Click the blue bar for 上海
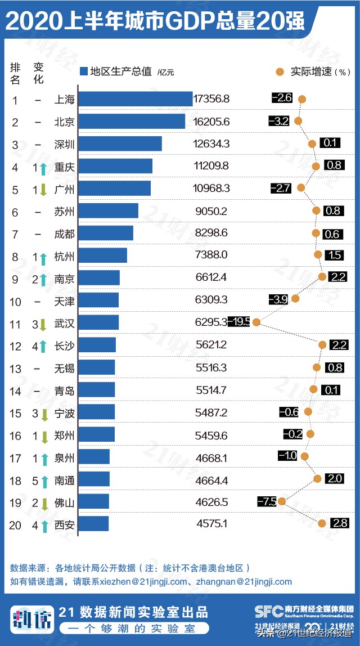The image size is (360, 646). [x=135, y=99]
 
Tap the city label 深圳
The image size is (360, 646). [x=64, y=144]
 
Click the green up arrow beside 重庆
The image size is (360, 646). [x=43, y=167]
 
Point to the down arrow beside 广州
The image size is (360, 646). [x=43, y=189]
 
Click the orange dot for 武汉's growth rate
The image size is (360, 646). [x=256, y=322]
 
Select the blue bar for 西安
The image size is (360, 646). [x=93, y=524]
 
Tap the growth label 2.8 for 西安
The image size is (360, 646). [x=339, y=523]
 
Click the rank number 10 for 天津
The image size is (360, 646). [x=16, y=302]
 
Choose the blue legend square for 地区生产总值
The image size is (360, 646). [x=84, y=71]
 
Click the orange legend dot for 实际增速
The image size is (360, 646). [x=280, y=71]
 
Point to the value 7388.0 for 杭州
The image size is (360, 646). [x=211, y=255]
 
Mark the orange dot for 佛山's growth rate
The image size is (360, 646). [x=282, y=501]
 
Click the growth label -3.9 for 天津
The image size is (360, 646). [x=278, y=299]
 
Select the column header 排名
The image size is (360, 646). [x=15, y=73]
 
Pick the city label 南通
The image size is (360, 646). [x=64, y=479]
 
